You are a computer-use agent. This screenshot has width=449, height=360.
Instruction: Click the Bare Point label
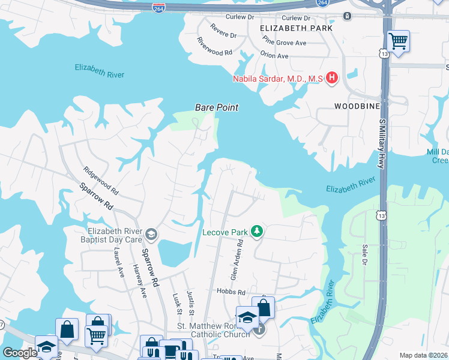(x=216, y=107)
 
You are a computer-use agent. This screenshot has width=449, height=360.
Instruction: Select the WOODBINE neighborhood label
(x=357, y=106)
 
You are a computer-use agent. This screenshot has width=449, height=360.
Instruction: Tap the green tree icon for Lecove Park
(x=257, y=231)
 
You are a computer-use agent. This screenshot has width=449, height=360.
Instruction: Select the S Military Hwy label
(x=381, y=144)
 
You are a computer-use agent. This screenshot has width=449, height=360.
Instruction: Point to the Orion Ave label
(x=274, y=56)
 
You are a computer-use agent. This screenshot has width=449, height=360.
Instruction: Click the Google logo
(x=20, y=353)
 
